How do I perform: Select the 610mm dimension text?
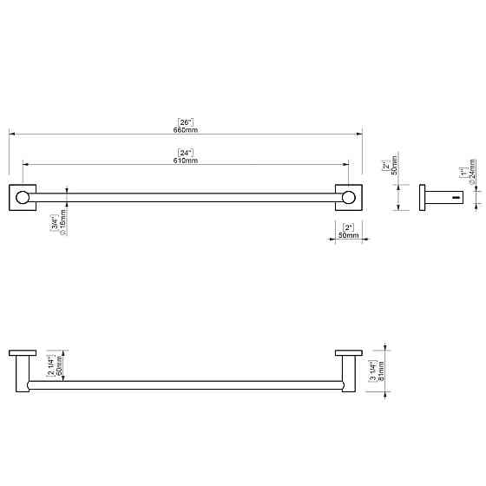pyautogui.click(x=185, y=160)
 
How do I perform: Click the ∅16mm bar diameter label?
pyautogui.click(x=62, y=227)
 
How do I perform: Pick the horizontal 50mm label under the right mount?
pyautogui.click(x=348, y=236)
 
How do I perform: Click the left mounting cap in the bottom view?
pyautogui.click(x=23, y=352)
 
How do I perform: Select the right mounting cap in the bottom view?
pyautogui.click(x=348, y=352)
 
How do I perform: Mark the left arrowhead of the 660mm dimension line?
pyautogui.click(x=11, y=134)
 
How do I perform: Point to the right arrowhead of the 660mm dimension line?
pyautogui.click(x=359, y=134)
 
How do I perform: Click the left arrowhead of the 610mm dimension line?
pyautogui.click(x=24, y=165)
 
